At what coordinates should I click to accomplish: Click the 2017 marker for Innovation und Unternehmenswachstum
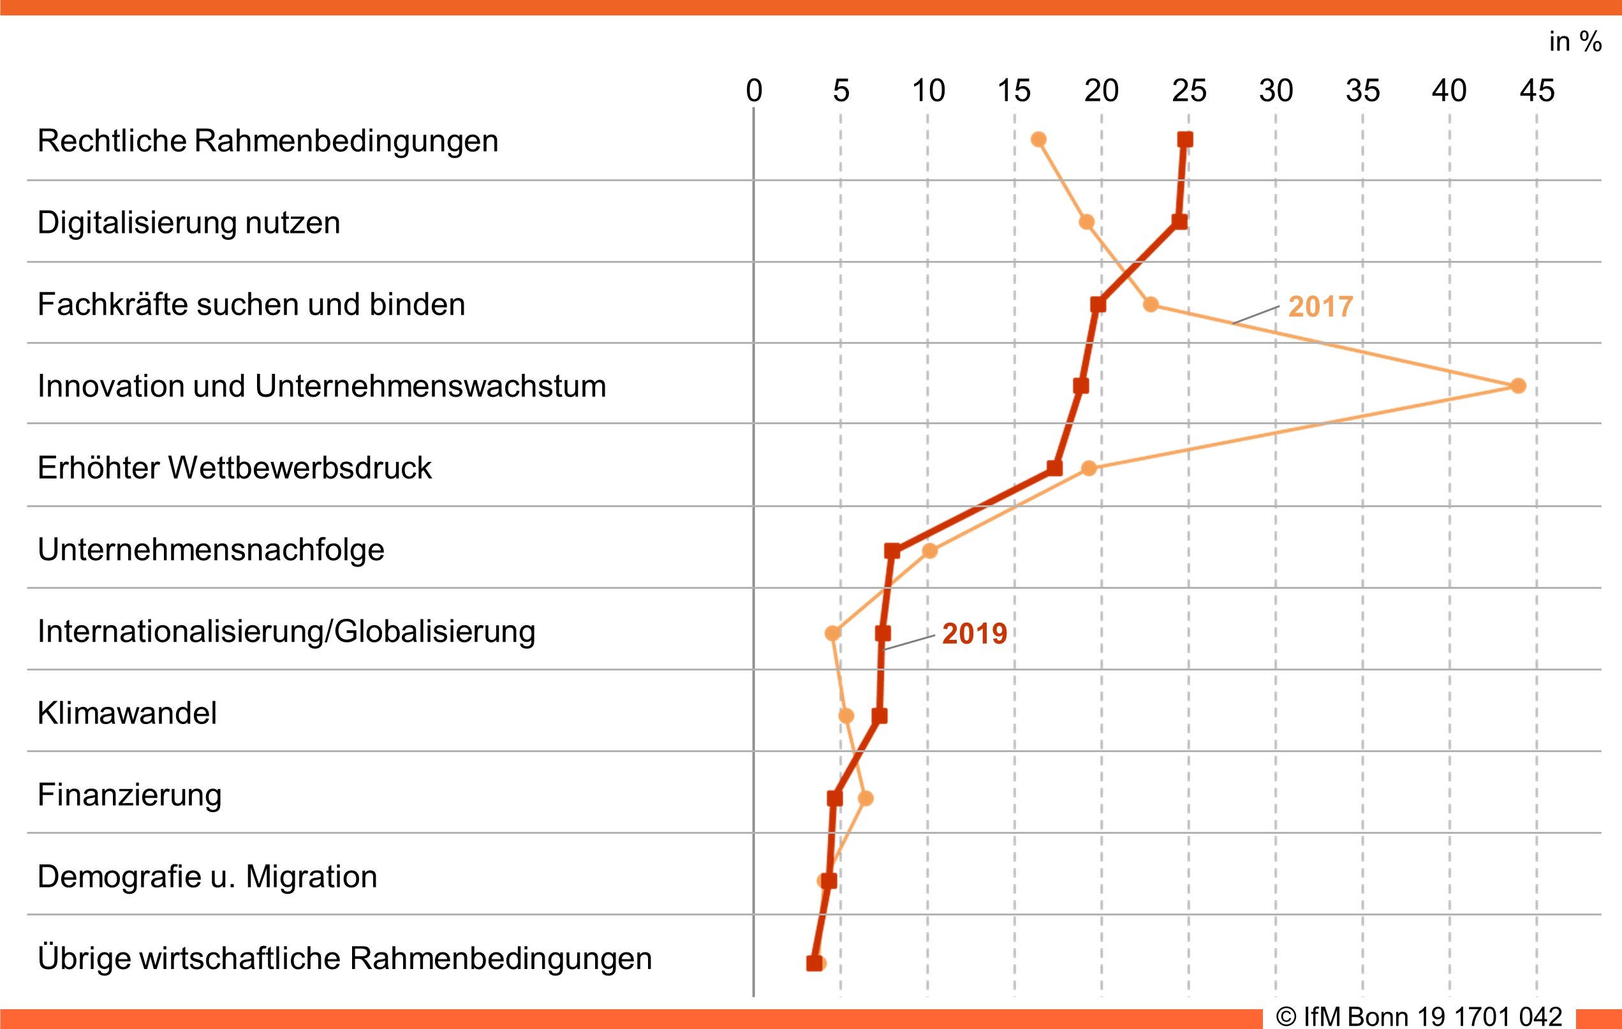(1517, 385)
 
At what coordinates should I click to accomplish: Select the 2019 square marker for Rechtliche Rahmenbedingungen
(1185, 140)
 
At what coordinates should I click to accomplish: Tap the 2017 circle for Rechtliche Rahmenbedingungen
(1038, 140)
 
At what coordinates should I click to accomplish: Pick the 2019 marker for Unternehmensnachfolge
(892, 551)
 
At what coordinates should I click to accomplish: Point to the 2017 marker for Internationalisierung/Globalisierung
(832, 633)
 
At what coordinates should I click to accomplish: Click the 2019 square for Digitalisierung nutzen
(1179, 222)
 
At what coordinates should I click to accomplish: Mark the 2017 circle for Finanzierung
(866, 799)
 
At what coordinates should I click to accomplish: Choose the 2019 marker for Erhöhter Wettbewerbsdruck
(1055, 468)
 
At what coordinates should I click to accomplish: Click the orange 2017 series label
(1320, 307)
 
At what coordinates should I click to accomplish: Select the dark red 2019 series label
(974, 633)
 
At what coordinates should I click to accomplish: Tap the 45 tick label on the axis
(1537, 91)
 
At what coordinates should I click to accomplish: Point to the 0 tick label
(754, 91)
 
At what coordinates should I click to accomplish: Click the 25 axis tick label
(1189, 91)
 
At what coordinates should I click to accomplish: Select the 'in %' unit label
(1575, 41)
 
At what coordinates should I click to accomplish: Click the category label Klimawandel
(128, 713)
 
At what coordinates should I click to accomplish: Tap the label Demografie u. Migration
(207, 877)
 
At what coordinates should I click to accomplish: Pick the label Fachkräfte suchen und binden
(251, 304)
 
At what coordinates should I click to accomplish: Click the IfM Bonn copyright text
(1419, 1016)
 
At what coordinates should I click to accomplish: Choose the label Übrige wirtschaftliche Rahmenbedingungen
(344, 958)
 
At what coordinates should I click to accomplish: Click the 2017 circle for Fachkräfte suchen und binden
(1151, 304)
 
